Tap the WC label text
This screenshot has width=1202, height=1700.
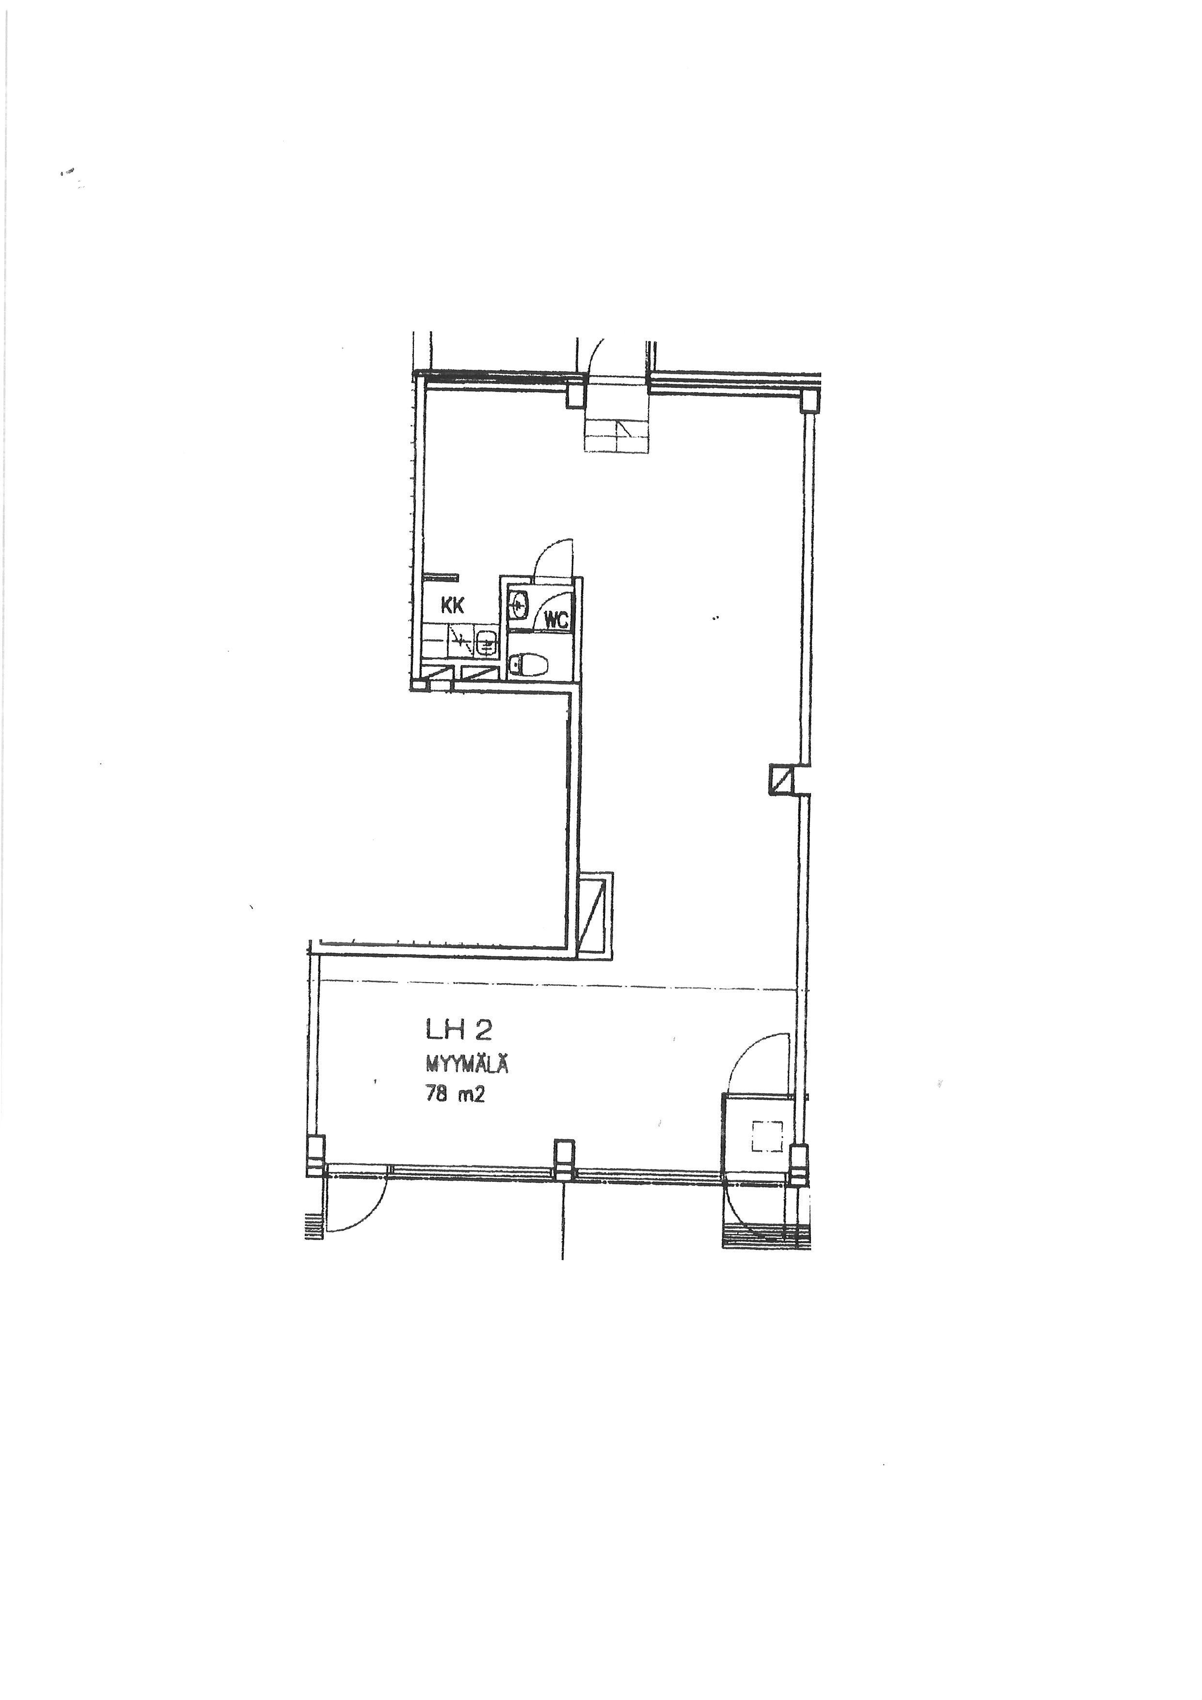pyautogui.click(x=556, y=620)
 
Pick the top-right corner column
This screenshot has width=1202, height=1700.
pyautogui.click(x=812, y=400)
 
